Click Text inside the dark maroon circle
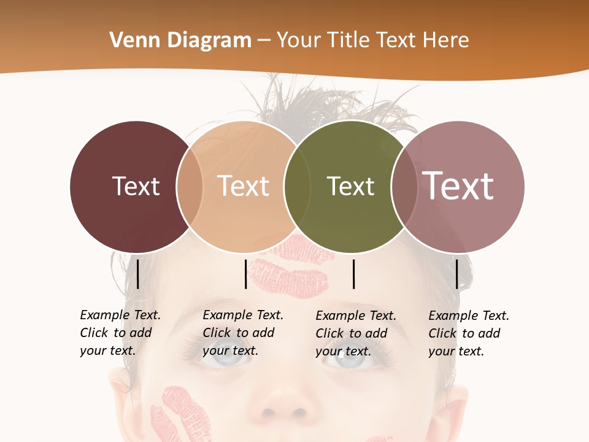(x=136, y=186)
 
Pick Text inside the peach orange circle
(x=243, y=186)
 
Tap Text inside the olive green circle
(x=350, y=186)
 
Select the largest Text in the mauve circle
(x=458, y=186)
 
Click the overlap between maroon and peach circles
(x=190, y=187)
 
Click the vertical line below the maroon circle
(x=137, y=274)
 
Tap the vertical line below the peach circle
(x=245, y=274)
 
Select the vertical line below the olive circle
(x=353, y=274)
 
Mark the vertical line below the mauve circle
(x=456, y=274)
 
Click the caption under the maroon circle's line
(x=120, y=333)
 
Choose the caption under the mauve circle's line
(x=468, y=333)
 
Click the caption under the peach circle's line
(x=242, y=333)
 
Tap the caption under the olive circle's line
(x=355, y=333)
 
